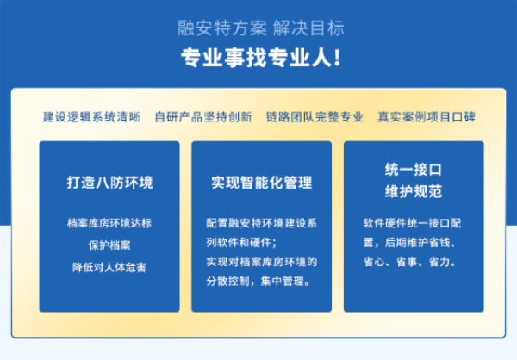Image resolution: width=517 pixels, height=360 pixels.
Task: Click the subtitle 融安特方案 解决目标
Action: click(259, 28)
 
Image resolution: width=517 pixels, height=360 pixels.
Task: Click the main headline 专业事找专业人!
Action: click(259, 58)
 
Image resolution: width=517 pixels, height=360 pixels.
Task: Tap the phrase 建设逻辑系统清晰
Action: click(91, 117)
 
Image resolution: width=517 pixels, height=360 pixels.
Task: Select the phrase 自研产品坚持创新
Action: click(203, 117)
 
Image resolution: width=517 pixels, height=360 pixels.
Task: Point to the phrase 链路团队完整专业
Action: click(315, 117)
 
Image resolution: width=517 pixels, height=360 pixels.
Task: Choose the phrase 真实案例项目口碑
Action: click(426, 117)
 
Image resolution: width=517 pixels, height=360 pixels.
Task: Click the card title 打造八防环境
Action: click(109, 183)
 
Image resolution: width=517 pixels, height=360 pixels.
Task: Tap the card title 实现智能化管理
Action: click(261, 183)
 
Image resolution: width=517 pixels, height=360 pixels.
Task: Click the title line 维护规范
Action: click(414, 190)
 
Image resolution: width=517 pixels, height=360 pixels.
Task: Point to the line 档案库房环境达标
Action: click(109, 222)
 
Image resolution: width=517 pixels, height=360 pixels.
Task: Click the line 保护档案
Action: click(109, 245)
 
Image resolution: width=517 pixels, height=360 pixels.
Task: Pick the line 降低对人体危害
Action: click(109, 267)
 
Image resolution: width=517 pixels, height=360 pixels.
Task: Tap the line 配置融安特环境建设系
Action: click(261, 222)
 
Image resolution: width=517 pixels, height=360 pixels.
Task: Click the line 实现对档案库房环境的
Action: click(261, 261)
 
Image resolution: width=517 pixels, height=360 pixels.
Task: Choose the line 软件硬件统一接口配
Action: click(413, 222)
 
